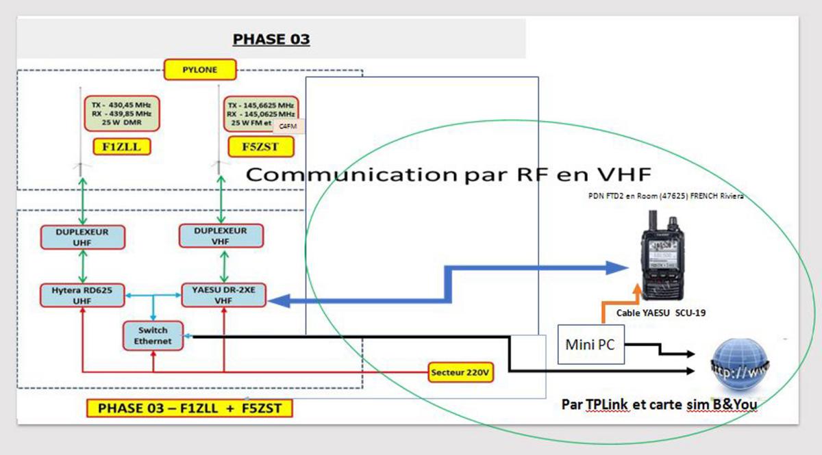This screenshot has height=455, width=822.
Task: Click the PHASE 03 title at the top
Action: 271,39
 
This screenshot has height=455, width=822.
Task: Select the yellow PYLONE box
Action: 200,69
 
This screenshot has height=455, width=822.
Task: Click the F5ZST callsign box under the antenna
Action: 260,146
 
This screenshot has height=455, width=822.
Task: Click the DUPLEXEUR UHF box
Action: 82,236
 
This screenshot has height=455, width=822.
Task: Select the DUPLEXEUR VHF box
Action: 221,236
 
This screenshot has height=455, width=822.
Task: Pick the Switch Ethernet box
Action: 153,335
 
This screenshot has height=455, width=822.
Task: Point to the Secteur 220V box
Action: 462,373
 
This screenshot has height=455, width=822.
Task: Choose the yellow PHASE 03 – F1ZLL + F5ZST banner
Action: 189,408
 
